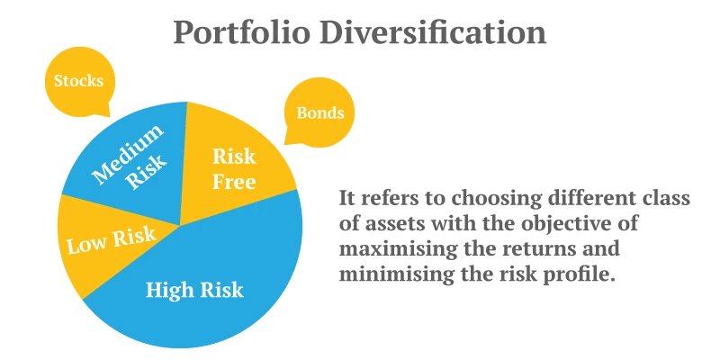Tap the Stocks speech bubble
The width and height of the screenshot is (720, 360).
pyautogui.click(x=78, y=81)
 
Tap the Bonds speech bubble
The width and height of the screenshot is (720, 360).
pyautogui.click(x=319, y=113)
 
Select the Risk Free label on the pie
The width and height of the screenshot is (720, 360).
pyautogui.click(x=234, y=168)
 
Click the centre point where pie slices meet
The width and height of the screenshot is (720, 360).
pyautogui.click(x=179, y=225)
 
